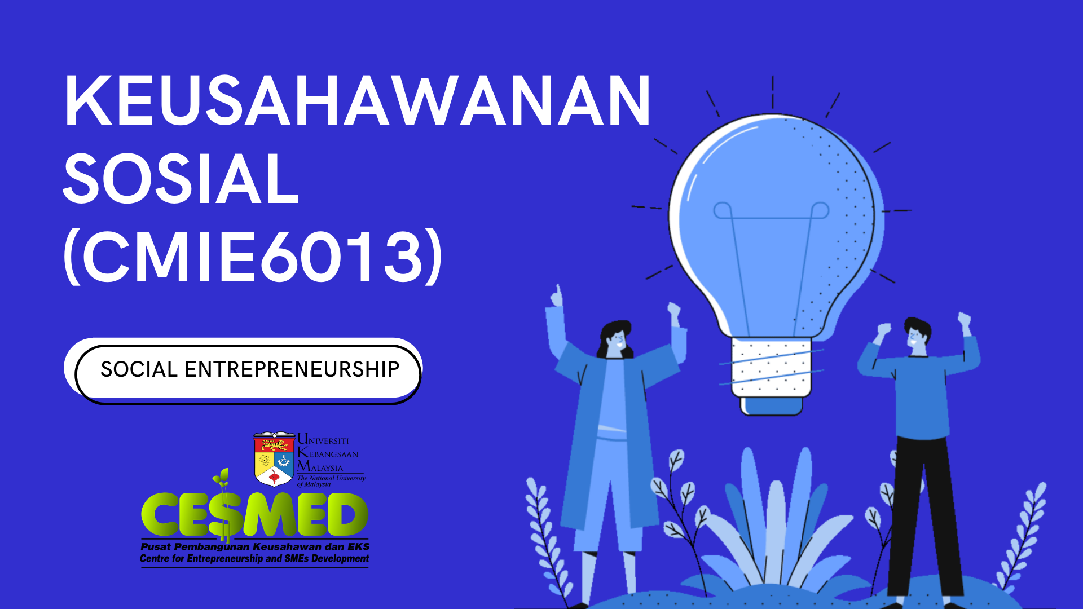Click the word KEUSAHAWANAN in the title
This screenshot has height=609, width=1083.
[358, 100]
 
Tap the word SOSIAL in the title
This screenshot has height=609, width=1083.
[181, 179]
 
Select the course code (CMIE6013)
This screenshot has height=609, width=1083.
[253, 257]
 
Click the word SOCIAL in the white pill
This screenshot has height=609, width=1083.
[139, 369]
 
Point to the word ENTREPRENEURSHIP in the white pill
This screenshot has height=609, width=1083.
[292, 369]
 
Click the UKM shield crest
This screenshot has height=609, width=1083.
[274, 459]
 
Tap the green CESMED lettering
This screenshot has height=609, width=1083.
[254, 514]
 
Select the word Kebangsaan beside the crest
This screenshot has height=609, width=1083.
[328, 453]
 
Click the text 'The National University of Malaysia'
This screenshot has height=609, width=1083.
[331, 480]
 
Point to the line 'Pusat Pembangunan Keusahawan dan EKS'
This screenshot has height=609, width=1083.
[255, 546]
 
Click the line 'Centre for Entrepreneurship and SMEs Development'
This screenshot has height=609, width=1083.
[254, 558]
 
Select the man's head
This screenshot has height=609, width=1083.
[917, 336]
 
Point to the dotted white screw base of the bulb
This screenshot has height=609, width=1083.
[772, 367]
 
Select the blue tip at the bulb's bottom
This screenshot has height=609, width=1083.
[772, 406]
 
